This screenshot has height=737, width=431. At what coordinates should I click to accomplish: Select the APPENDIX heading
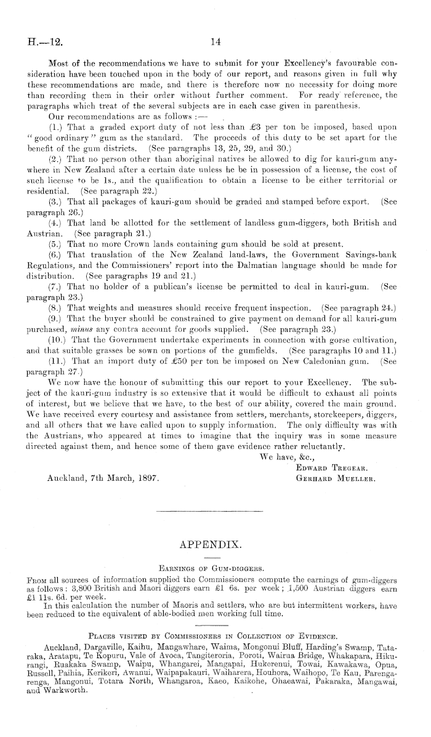(215, 545)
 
